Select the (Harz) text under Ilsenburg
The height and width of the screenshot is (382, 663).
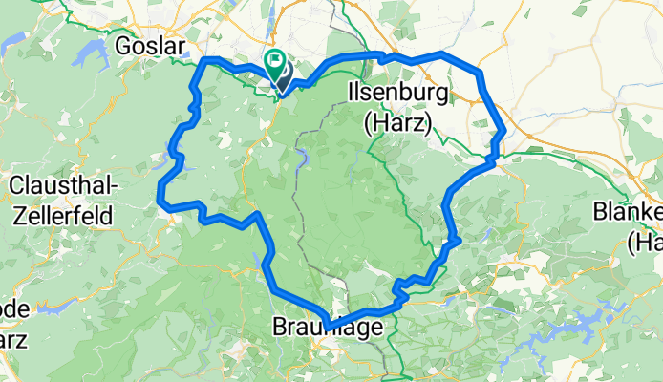(x=397, y=122)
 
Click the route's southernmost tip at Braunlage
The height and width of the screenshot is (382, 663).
(x=327, y=328)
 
